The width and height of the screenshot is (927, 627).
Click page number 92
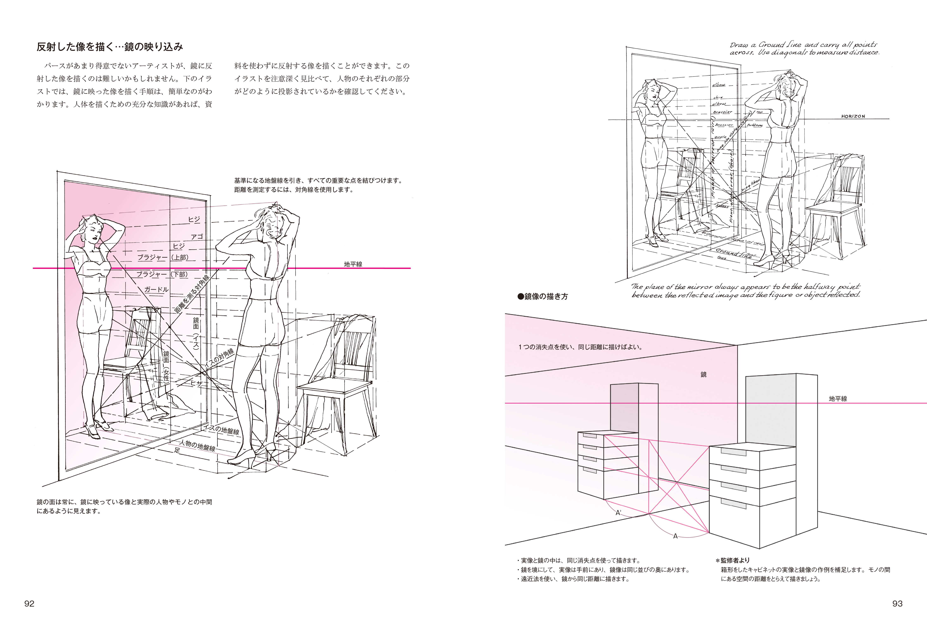click(x=30, y=603)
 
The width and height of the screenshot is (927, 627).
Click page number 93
click(x=897, y=603)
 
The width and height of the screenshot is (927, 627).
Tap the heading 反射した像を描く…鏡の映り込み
click(x=110, y=47)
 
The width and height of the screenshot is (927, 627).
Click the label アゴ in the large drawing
click(x=197, y=237)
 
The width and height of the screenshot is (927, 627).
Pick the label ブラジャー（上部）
click(x=162, y=258)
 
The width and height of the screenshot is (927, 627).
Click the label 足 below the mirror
click(x=177, y=450)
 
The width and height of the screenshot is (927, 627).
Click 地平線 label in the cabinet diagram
click(x=838, y=399)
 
